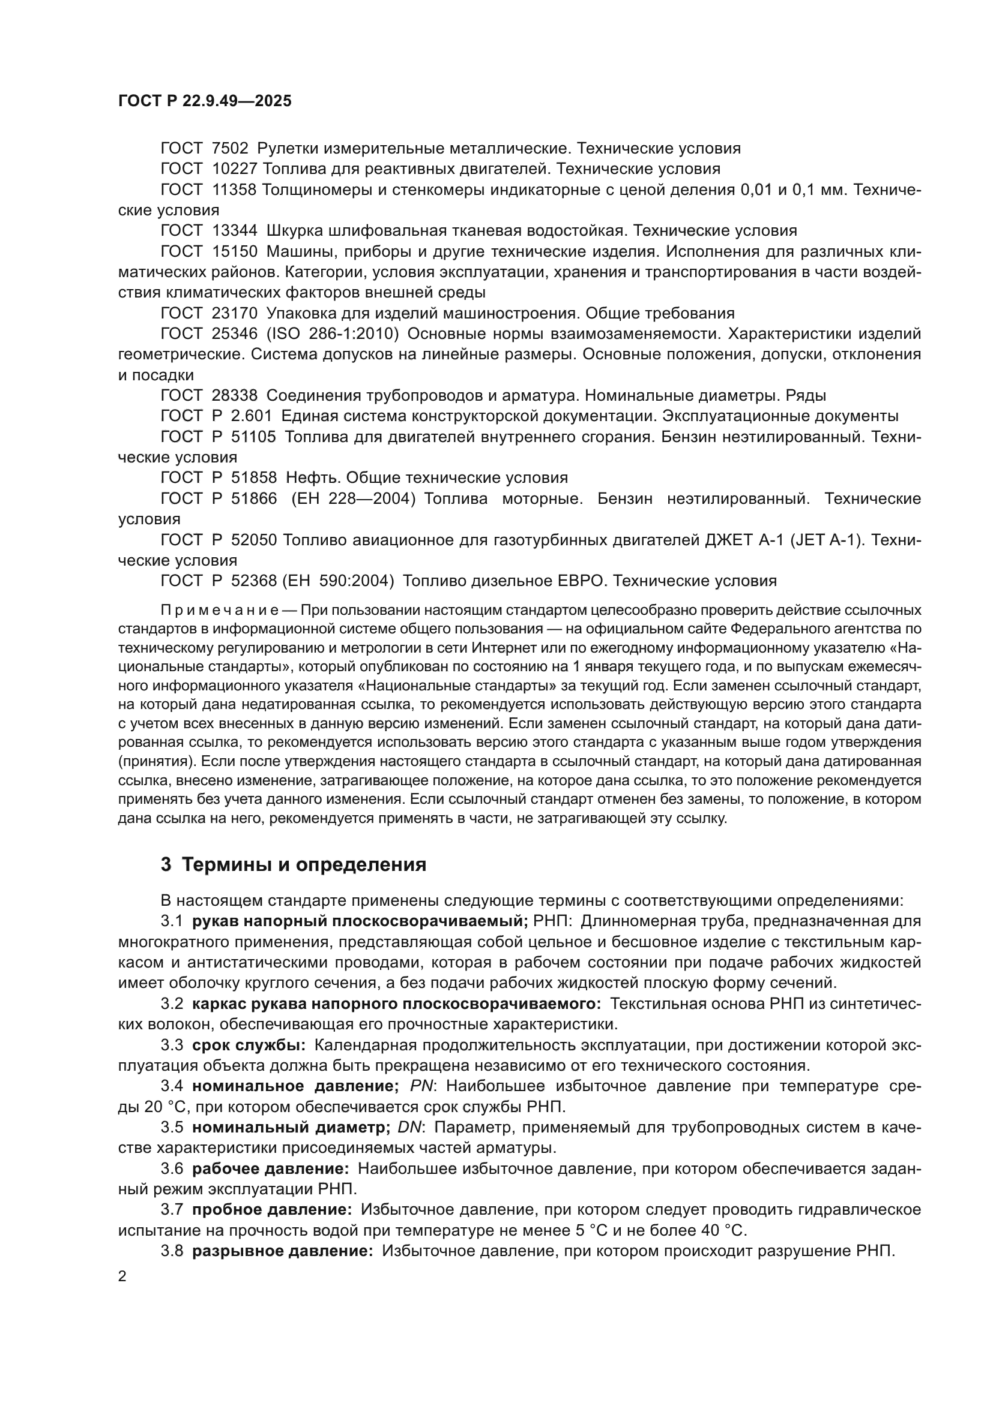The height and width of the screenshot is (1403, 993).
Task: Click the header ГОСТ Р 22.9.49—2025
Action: point(205,101)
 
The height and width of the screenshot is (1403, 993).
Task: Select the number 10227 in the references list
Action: point(235,169)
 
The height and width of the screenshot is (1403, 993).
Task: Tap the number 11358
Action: point(235,190)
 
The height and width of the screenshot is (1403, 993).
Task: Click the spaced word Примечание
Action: point(220,611)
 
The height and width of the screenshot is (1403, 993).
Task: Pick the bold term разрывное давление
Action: point(283,1251)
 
